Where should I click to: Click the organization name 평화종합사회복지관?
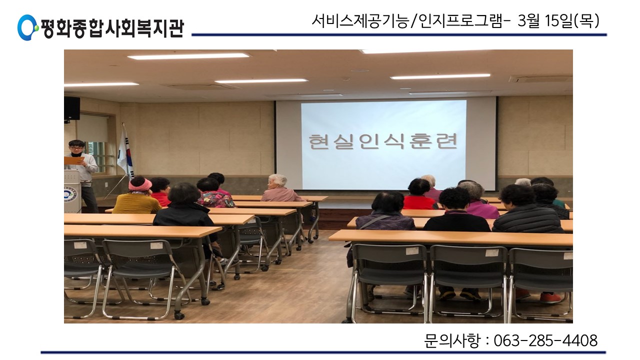(x=112, y=28)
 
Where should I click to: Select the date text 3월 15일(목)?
(x=558, y=21)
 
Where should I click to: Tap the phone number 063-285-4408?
(x=545, y=340)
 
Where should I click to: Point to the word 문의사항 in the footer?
(x=451, y=340)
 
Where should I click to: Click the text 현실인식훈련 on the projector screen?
(x=383, y=141)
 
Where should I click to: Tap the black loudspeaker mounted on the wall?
(x=71, y=108)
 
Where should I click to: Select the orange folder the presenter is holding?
(x=73, y=160)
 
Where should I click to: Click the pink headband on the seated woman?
(x=140, y=185)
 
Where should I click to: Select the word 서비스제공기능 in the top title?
(x=360, y=21)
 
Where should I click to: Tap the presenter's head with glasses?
(x=76, y=147)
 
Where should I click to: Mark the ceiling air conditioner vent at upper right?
(x=540, y=79)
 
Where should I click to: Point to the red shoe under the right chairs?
(x=550, y=297)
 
